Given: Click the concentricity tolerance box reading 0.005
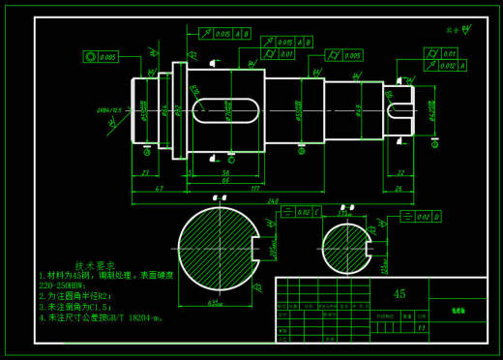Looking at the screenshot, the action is point(101,57).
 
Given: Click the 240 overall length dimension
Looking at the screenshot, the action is point(274,200).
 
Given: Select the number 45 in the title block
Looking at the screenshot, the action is point(399,293).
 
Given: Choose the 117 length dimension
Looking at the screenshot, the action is point(255,188).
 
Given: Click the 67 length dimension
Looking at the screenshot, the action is point(159,188).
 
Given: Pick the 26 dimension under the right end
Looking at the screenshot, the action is point(398,188).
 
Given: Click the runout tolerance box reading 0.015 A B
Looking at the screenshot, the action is point(224,34).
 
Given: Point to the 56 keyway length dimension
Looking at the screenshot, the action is point(224,171).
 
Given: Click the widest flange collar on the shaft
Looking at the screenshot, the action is point(179,109).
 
